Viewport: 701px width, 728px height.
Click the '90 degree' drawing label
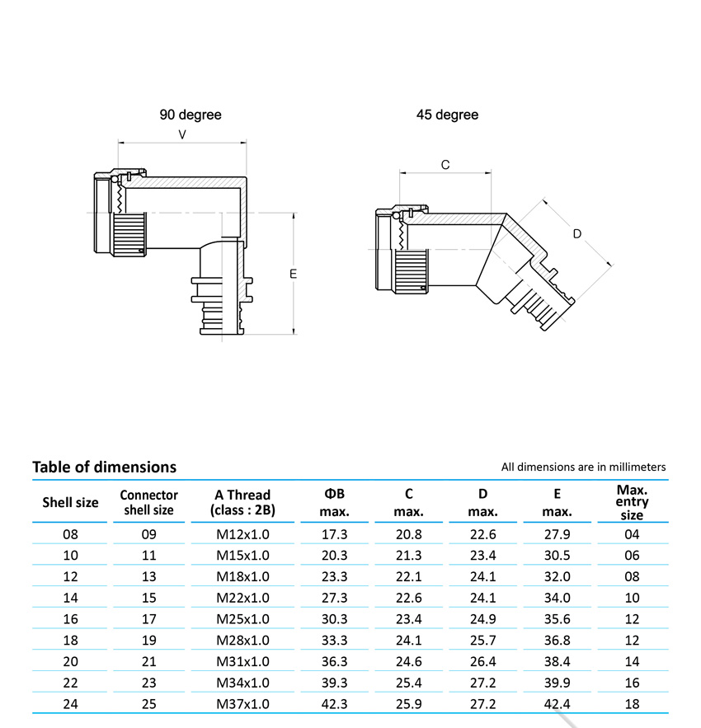coord(191,115)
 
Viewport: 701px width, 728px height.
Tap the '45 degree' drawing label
coord(447,115)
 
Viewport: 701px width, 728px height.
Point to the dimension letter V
coord(181,134)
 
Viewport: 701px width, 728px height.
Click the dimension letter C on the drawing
coord(445,165)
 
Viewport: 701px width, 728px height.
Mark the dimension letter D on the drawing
coord(577,234)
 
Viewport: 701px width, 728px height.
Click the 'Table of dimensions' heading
coord(104,467)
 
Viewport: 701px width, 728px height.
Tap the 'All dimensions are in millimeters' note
coord(583,467)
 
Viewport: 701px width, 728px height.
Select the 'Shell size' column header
coord(70,502)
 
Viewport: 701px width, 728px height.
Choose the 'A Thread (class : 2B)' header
coord(242,502)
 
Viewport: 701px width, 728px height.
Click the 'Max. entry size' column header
coord(632,502)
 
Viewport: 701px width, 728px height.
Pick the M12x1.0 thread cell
coord(242,534)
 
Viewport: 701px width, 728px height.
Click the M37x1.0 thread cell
coord(242,703)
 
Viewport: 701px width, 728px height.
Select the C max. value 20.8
coord(408,534)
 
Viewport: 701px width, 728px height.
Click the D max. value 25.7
coord(482,640)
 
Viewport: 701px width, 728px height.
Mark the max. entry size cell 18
coord(632,703)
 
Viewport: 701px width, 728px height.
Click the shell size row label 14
coord(70,598)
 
